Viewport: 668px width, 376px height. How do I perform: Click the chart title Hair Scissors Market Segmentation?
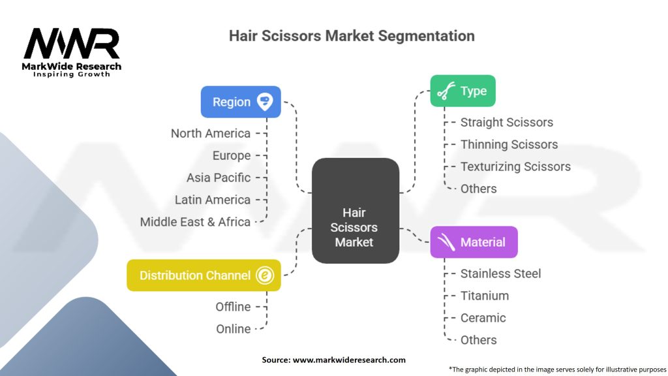click(x=351, y=35)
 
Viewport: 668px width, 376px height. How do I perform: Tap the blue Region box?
click(x=241, y=102)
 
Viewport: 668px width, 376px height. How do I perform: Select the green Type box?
click(x=463, y=91)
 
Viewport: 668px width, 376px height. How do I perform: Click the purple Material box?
click(x=474, y=242)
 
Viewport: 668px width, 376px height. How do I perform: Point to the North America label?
click(x=210, y=133)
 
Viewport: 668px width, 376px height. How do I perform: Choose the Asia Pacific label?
click(x=218, y=178)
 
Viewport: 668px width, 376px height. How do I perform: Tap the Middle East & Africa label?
click(x=195, y=222)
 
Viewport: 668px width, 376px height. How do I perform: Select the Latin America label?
click(x=212, y=200)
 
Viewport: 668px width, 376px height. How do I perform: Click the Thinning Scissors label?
click(x=509, y=144)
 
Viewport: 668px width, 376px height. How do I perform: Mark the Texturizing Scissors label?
click(x=515, y=166)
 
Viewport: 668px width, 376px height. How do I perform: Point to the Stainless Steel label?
click(x=500, y=274)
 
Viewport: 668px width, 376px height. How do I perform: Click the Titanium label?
click(x=484, y=296)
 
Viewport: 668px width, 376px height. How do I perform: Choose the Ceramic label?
click(x=483, y=318)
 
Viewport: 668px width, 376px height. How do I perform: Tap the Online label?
click(x=233, y=329)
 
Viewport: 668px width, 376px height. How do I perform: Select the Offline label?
click(x=233, y=307)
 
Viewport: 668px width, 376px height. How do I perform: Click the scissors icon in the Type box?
click(x=446, y=91)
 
